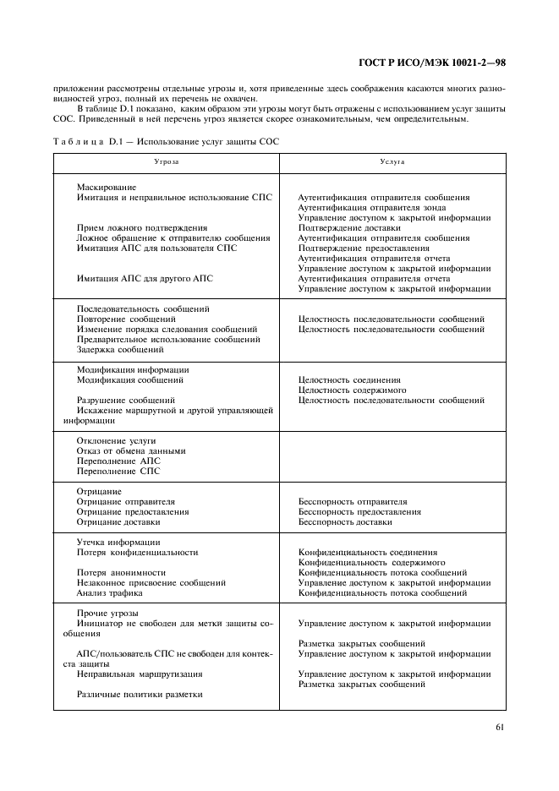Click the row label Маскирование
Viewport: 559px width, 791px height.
coord(107,187)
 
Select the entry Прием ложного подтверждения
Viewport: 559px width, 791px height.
coord(142,227)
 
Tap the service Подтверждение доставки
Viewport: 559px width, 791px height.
coord(348,227)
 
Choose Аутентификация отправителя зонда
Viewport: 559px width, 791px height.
coord(372,207)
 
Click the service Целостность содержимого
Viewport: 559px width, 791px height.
coord(352,390)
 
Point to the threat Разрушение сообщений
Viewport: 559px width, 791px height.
coord(126,400)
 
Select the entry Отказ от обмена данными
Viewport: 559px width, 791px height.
coord(131,450)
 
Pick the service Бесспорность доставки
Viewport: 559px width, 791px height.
coord(345,521)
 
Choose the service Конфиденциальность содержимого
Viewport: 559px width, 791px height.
coord(372,562)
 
